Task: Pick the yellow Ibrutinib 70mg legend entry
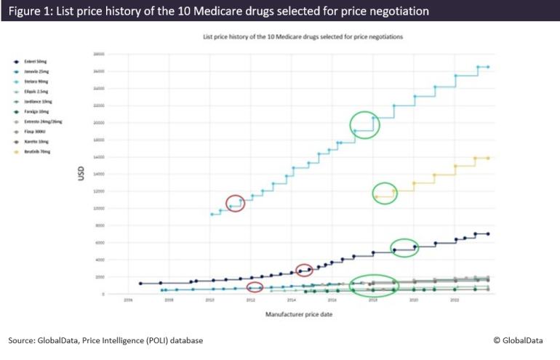[36, 151]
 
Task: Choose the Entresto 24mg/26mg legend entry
[39, 122]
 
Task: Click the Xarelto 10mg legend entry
[36, 142]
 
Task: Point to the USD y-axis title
[82, 175]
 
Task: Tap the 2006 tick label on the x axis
[128, 299]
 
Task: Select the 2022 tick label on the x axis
[455, 299]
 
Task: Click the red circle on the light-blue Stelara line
[235, 204]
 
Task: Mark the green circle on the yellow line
[385, 193]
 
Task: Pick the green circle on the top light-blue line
[364, 125]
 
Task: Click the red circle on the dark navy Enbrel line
[305, 271]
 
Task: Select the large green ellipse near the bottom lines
[374, 286]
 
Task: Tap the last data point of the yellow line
[488, 158]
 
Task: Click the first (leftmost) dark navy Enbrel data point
[140, 284]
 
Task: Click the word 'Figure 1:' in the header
[31, 11]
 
